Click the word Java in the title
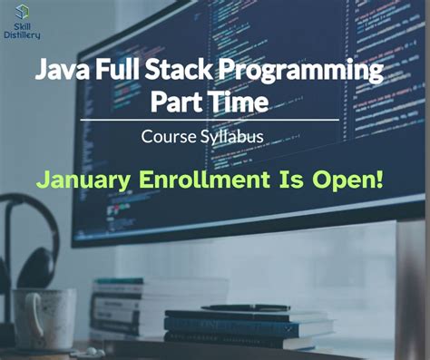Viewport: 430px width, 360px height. click(x=57, y=72)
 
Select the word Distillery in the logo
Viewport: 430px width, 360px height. click(x=21, y=37)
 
